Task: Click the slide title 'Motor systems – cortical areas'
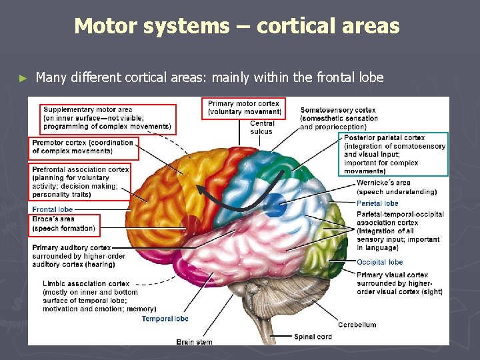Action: pos(237,26)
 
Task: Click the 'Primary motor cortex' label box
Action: pos(244,107)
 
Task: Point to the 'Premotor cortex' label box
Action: pos(83,147)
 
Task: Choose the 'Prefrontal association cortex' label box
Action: pos(80,182)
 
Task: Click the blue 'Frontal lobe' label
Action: pos(53,209)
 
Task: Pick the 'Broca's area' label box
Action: pos(65,224)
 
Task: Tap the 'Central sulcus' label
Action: pos(261,127)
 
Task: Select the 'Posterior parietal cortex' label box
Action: pos(395,154)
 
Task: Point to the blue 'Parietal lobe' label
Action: pos(377,203)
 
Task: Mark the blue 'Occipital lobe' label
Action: pos(379,262)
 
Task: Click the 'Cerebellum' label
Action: pos(357,325)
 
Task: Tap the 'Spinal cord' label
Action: pos(313,337)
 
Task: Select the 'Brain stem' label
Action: pos(194,341)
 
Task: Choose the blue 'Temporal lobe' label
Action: pos(165,319)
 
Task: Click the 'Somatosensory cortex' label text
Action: pos(338,118)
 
